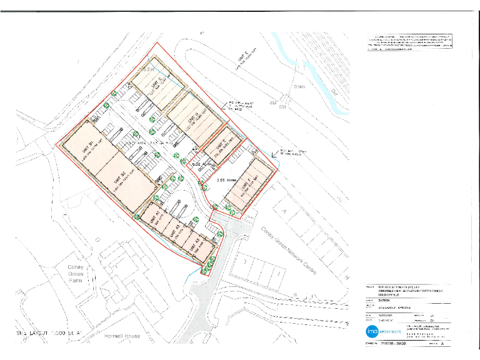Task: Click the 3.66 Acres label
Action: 223,180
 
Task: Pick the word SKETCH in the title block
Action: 386,300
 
